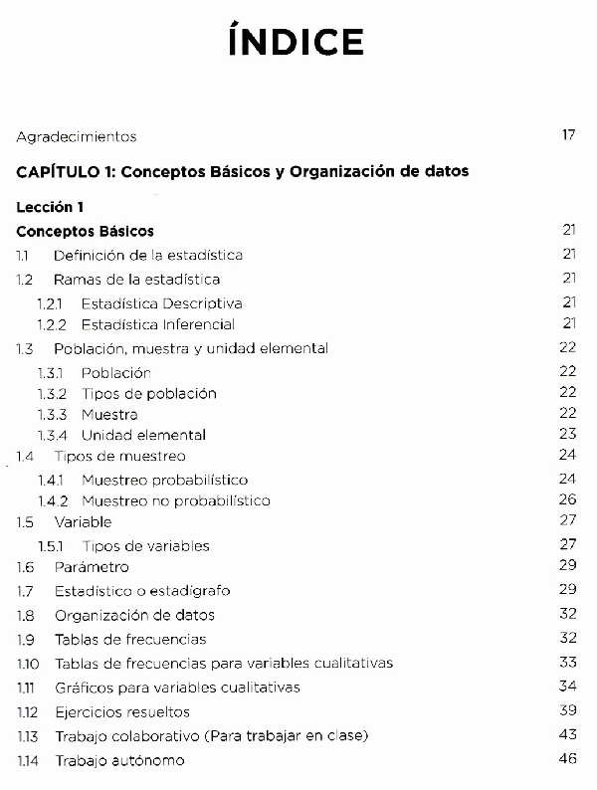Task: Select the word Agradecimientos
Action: (77, 136)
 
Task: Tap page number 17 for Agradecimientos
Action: (568, 135)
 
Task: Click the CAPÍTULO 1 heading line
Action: (243, 171)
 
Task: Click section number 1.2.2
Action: (53, 324)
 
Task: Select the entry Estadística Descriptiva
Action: (161, 302)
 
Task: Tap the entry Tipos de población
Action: (148, 393)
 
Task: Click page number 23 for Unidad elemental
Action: (568, 434)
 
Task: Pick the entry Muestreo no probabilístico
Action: (175, 500)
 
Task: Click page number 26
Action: (568, 499)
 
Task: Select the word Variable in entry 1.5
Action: (83, 522)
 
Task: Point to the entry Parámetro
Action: (92, 567)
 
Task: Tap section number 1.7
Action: (26, 591)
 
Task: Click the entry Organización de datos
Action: (134, 615)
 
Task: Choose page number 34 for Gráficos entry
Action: (568, 687)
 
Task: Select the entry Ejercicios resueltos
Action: (122, 712)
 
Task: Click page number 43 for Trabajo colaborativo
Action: (568, 735)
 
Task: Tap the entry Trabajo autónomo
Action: (119, 760)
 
